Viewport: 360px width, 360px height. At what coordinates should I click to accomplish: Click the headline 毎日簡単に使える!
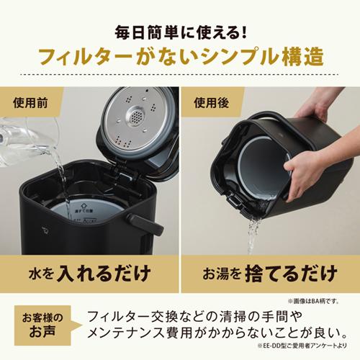[180, 30]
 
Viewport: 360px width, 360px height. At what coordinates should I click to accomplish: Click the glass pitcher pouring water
[18, 140]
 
